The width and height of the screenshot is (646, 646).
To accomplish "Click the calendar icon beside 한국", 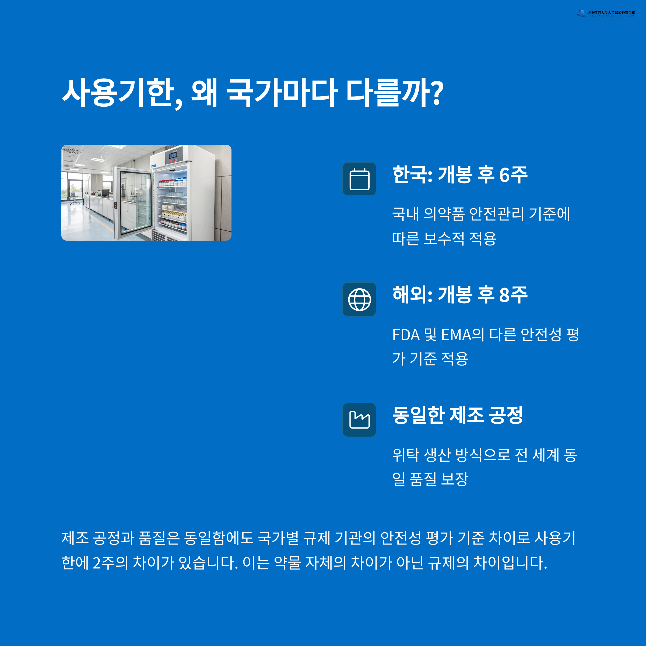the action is click(x=359, y=179).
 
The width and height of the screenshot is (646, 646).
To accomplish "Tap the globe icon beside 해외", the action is click(x=359, y=299).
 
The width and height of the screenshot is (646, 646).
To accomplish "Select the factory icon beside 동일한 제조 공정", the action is click(x=359, y=420).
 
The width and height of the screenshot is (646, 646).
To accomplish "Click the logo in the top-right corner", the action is click(x=606, y=13).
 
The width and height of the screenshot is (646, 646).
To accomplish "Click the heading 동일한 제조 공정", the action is click(x=457, y=415).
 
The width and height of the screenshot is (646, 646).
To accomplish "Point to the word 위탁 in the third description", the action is click(x=405, y=455).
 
